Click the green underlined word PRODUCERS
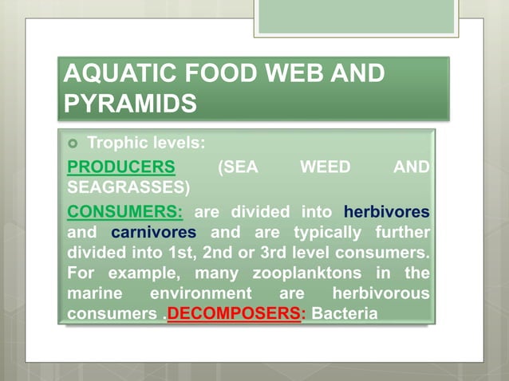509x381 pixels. coord(120,167)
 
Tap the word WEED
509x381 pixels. coord(324,167)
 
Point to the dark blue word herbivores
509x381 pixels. coord(386,212)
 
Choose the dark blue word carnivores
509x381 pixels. coord(154,233)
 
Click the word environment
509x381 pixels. coord(210,294)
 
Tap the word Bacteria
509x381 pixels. coord(344,313)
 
